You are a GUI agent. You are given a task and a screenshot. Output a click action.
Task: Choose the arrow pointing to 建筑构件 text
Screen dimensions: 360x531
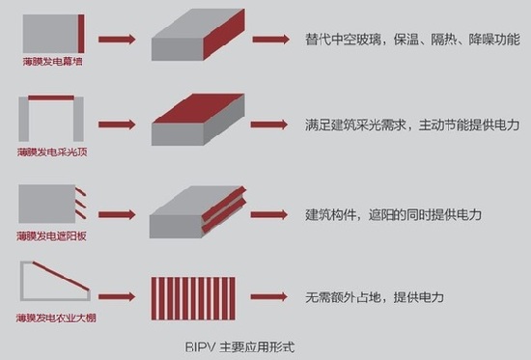pyautogui.click(x=271, y=213)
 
